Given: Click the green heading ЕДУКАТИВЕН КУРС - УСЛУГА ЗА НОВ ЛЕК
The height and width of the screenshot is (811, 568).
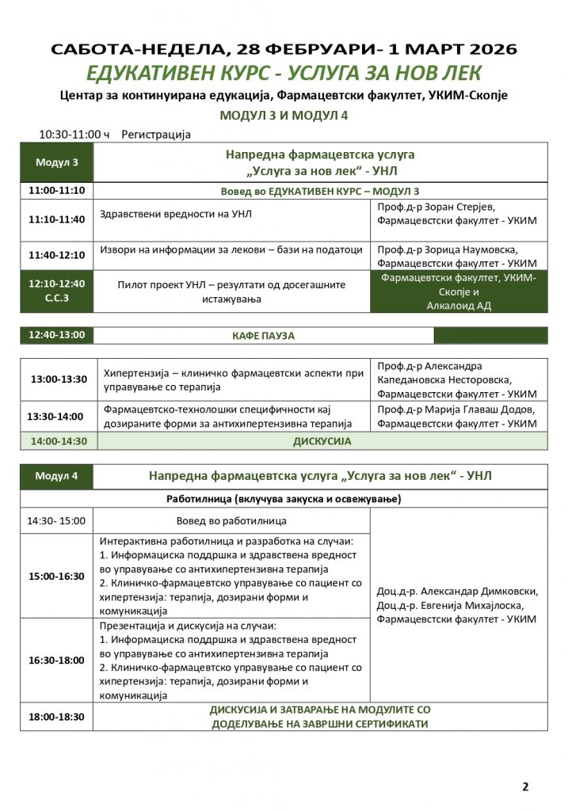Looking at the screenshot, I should tap(284, 73).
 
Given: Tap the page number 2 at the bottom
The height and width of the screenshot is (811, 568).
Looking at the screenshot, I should tap(525, 786).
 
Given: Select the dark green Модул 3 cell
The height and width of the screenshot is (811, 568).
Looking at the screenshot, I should tap(57, 163).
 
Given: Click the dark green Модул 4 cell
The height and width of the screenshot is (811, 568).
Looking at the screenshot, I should tap(57, 476).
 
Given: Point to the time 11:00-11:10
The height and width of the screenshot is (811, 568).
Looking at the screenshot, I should tap(57, 191).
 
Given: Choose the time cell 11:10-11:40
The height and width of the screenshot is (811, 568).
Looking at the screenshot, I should tap(57, 219).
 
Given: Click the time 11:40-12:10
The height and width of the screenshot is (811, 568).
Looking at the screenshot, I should tap(57, 255).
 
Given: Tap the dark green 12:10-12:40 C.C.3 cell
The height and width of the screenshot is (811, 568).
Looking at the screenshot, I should tap(57, 290).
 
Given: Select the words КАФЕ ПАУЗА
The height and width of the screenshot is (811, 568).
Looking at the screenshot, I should tap(263, 336).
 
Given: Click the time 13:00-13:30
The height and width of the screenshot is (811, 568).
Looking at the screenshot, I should tap(59, 379).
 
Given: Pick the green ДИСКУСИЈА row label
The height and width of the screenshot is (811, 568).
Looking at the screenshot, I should tap(322, 441).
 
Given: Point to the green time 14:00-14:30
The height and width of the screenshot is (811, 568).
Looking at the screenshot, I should tap(59, 441).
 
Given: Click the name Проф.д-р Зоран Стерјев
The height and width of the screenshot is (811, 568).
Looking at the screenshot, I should tap(436, 207).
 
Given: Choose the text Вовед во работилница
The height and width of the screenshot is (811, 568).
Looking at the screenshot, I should tap(232, 521).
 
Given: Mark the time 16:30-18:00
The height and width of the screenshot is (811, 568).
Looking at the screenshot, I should tap(56, 660).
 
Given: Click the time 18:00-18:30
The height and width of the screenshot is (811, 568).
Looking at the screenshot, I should tap(56, 717).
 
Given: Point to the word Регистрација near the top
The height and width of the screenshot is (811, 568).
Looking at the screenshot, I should tap(156, 135).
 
